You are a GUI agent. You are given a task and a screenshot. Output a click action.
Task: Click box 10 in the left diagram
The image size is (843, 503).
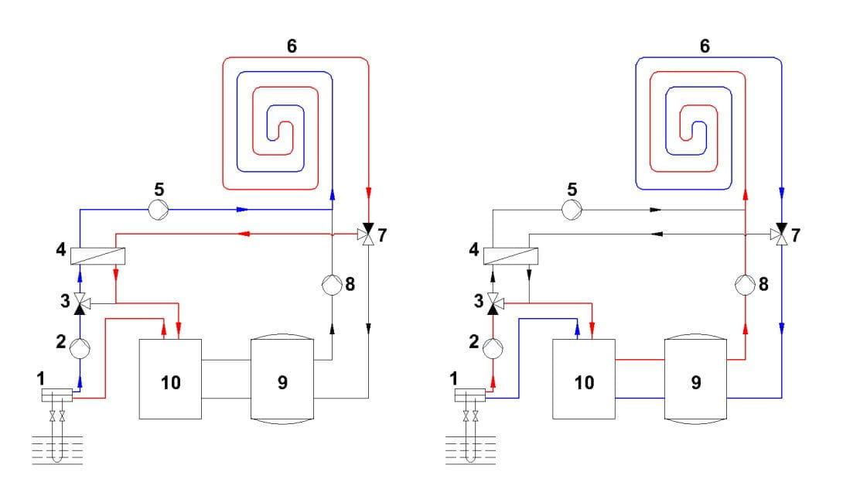pos(170,379)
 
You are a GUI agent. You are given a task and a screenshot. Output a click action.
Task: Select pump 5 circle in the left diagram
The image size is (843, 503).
pos(159,208)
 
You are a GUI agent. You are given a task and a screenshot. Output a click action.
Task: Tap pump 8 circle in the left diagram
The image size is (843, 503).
pos(331,284)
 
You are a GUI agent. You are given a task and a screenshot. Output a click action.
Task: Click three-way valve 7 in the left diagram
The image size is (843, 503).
pos(368,233)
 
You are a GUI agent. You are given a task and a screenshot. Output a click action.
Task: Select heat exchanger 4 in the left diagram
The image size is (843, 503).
pos(97,255)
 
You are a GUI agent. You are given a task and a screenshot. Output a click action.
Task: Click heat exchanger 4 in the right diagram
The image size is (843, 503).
pos(511,255)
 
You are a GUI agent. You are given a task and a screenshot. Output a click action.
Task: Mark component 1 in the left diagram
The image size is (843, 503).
pos(58,396)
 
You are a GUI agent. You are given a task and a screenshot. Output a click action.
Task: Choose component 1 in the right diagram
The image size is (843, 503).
pos(472,396)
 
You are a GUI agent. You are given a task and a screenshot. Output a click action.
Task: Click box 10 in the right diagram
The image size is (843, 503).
pos(584,379)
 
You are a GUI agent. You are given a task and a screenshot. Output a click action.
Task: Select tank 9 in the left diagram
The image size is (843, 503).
pos(282,379)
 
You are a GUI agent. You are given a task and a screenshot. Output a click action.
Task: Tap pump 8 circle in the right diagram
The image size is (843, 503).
pos(745,284)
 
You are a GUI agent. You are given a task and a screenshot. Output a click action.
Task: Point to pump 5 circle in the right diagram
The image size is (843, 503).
pos(572,208)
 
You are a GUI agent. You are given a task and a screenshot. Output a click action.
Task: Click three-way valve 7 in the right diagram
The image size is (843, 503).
pos(782,233)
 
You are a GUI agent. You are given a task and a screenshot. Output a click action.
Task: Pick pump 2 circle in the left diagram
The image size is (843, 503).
pos(80,347)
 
